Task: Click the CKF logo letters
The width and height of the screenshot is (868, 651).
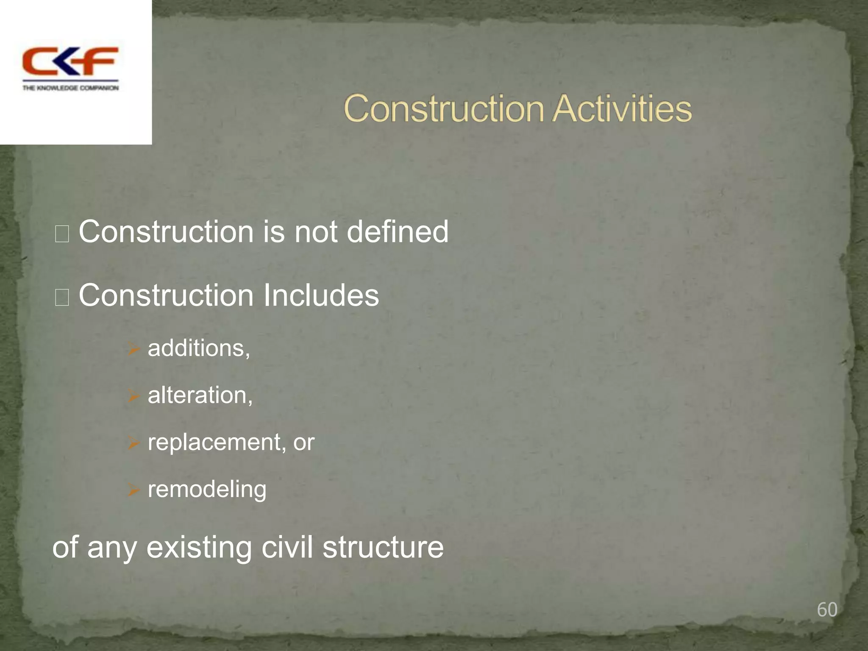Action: coord(70,61)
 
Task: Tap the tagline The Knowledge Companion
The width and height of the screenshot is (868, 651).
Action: coord(70,88)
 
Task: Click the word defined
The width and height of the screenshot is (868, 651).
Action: coord(397,232)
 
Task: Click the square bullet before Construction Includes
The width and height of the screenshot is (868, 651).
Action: coord(62,298)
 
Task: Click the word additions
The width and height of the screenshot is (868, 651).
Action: coord(198,348)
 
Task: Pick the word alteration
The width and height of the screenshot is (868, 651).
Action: coord(199,395)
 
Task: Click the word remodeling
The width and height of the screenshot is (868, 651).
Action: coord(207,490)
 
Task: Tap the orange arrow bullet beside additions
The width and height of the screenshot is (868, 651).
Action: coord(134,349)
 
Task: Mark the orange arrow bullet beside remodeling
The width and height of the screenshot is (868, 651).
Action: coord(134,490)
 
